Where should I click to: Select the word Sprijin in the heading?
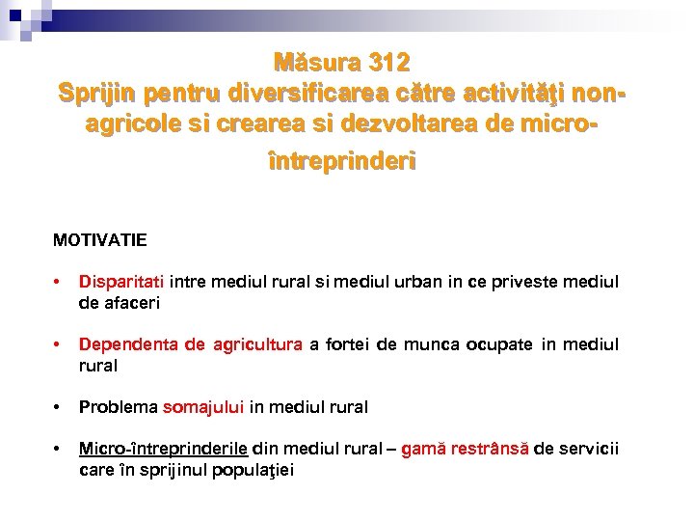(95, 95)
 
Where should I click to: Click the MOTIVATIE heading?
(100, 238)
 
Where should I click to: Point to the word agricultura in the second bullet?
(258, 345)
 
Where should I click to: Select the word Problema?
(119, 407)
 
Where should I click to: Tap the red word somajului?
(203, 407)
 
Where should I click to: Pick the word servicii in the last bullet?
(587, 450)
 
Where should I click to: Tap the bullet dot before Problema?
(59, 407)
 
